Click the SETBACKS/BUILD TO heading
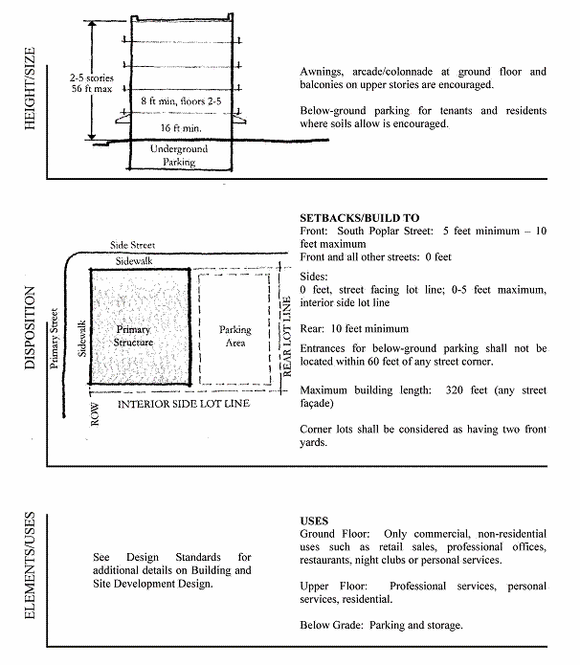pos(359,218)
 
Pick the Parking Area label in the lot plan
pos(234,336)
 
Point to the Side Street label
pos(133,245)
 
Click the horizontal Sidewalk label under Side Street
pos(136,260)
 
